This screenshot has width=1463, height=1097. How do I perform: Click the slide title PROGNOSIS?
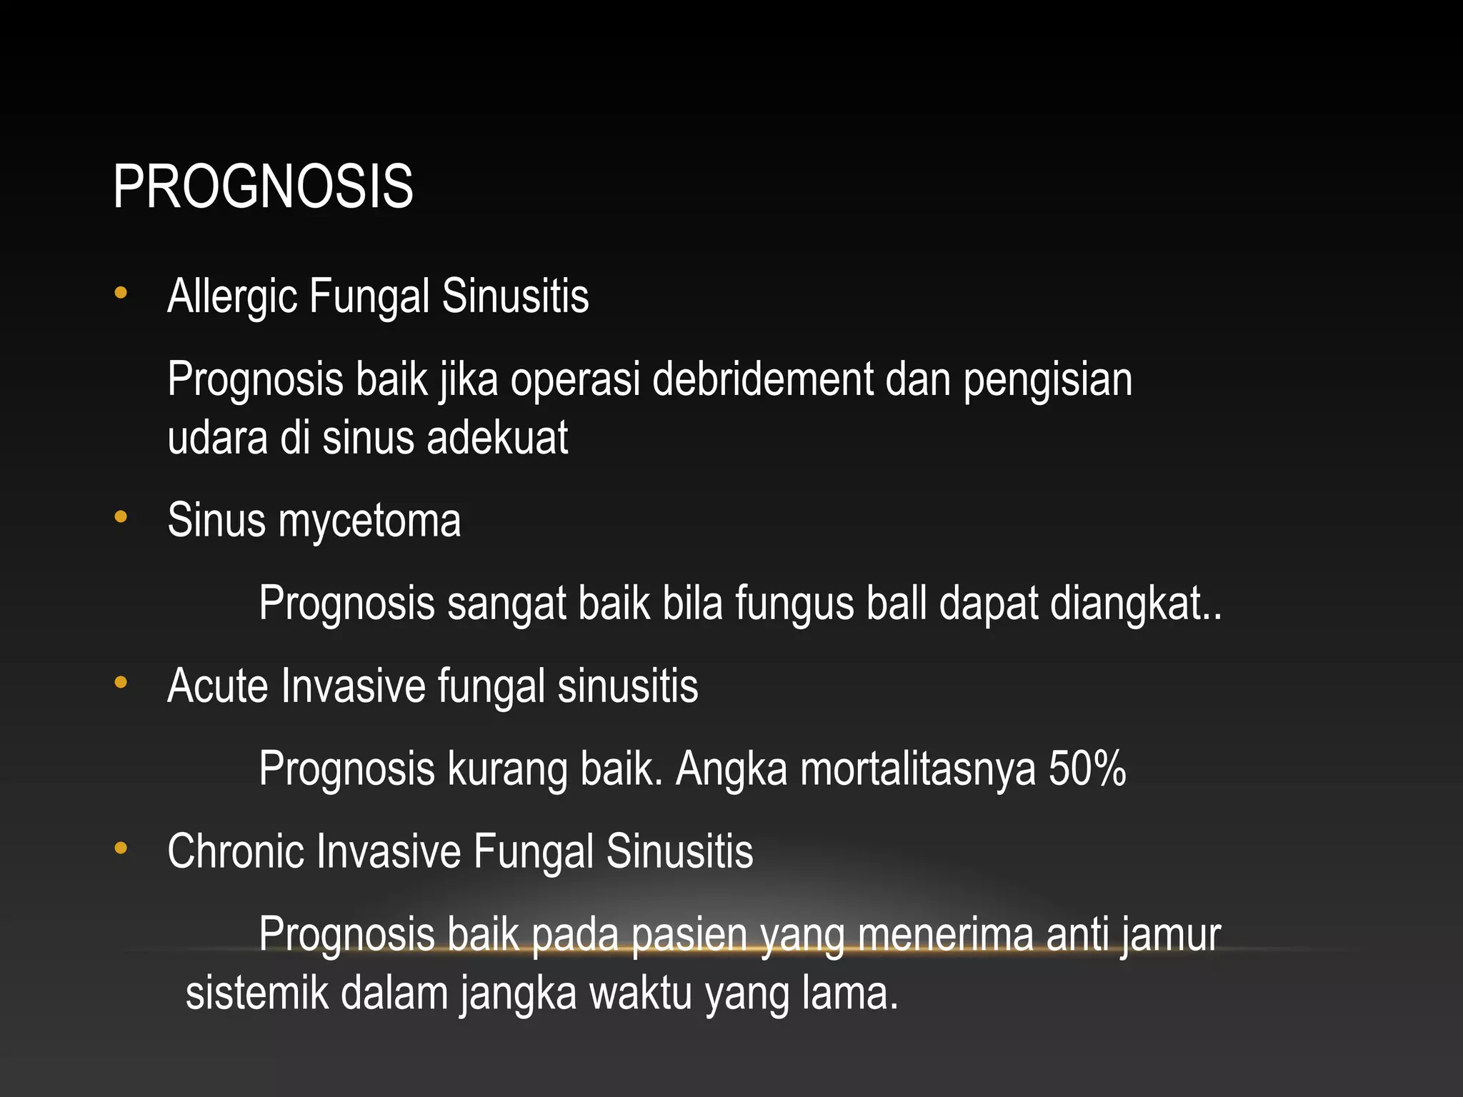263,187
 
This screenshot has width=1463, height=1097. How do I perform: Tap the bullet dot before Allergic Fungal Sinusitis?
121,293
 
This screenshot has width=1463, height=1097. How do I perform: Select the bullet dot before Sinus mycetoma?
121,516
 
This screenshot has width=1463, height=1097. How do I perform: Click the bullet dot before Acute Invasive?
121,683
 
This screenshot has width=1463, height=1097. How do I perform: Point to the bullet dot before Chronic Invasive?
121,848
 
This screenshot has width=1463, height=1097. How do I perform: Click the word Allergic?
231,296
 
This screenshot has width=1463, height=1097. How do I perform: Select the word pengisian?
1047,380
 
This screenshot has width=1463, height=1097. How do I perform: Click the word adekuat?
497,437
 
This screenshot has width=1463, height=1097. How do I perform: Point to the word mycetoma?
369,521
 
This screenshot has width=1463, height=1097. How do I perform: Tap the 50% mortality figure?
1087,768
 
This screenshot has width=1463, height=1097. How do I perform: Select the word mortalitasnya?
918,770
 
